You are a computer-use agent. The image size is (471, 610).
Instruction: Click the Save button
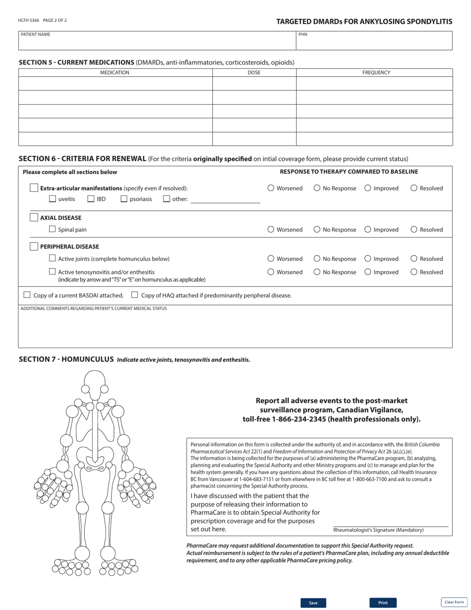tap(313, 603)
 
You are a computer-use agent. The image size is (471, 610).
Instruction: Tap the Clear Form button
tap(454, 602)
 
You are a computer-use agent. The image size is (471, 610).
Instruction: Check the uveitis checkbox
tap(53, 200)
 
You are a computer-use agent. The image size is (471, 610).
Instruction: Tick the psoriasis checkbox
tap(124, 200)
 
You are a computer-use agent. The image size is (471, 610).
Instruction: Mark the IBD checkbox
tap(91, 200)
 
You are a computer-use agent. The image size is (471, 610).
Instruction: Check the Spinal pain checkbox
tap(53, 230)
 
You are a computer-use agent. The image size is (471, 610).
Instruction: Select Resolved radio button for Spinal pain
tap(414, 230)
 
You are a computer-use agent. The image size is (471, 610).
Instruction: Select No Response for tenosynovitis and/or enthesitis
tap(317, 272)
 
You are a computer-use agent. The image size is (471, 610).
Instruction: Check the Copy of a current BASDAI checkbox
tap(27, 296)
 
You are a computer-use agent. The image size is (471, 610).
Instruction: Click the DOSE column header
tap(254, 72)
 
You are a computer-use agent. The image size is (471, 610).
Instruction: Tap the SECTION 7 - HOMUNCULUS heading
tap(66, 359)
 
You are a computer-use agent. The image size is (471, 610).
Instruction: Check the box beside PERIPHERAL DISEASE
tap(34, 246)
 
